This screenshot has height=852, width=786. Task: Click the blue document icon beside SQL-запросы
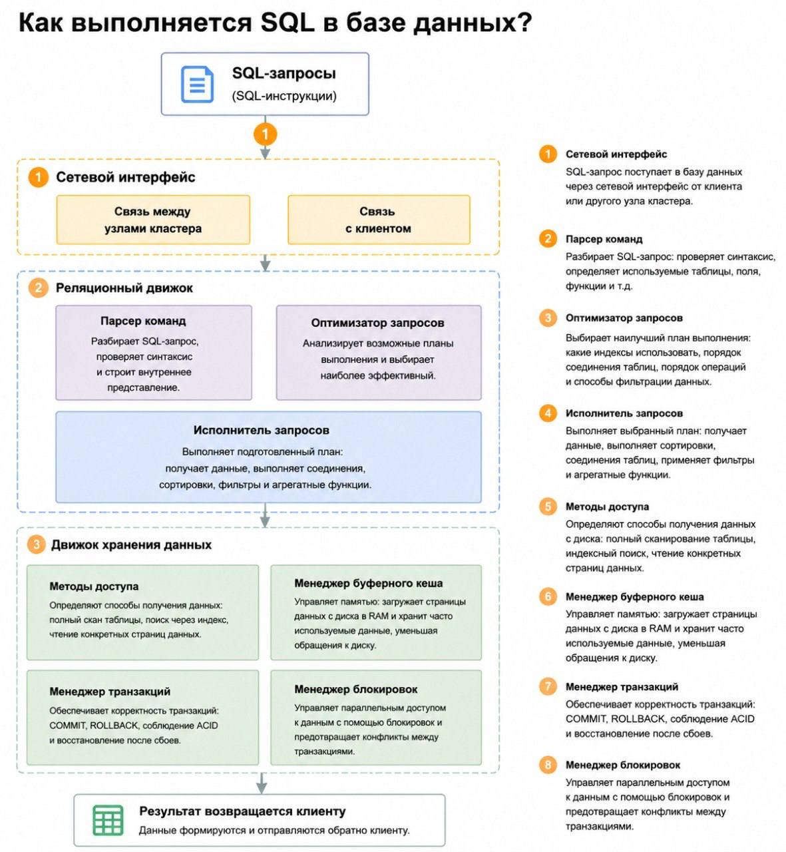coord(196,84)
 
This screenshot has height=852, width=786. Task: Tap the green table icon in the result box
coord(108,820)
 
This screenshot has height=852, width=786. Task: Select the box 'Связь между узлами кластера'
coord(152,220)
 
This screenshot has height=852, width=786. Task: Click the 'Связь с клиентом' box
coord(379,220)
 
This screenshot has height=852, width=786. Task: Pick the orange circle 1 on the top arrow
coord(265,134)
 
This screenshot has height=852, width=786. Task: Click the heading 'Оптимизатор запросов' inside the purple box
coord(377,323)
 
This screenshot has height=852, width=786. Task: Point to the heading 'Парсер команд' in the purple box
coord(143,321)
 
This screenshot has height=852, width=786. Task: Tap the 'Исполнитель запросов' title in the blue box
coord(262,430)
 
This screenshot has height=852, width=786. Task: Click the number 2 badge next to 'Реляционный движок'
coord(38,288)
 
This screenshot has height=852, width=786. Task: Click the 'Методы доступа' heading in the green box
coord(94,586)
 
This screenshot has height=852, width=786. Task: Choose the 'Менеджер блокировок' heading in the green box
coord(355,689)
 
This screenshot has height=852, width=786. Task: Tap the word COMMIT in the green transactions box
coord(68,725)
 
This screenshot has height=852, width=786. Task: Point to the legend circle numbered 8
coord(548,765)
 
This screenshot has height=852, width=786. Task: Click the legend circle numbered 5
coord(548,507)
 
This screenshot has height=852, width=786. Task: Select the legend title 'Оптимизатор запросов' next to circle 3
coord(624,318)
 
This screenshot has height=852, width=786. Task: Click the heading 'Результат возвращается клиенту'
coord(242,811)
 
